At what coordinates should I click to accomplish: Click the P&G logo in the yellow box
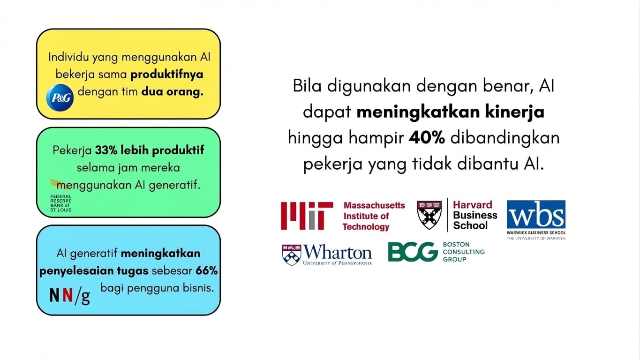[60, 98]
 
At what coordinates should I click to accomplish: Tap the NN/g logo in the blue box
[69, 295]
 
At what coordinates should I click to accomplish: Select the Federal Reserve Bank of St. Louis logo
[61, 197]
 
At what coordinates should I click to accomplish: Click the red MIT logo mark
[307, 216]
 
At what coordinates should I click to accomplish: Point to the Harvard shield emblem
[429, 215]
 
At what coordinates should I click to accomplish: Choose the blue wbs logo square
[536, 214]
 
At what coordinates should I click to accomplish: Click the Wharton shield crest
[291, 255]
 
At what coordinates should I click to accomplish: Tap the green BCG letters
[413, 252]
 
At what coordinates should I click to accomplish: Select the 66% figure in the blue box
[207, 271]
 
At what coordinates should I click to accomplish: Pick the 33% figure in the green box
[105, 150]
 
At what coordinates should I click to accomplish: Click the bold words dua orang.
[172, 92]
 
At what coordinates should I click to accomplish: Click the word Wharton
[338, 252]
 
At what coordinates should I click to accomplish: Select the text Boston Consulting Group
[463, 252]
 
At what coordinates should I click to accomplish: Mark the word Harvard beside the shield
[472, 205]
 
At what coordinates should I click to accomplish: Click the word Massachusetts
[374, 205]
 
